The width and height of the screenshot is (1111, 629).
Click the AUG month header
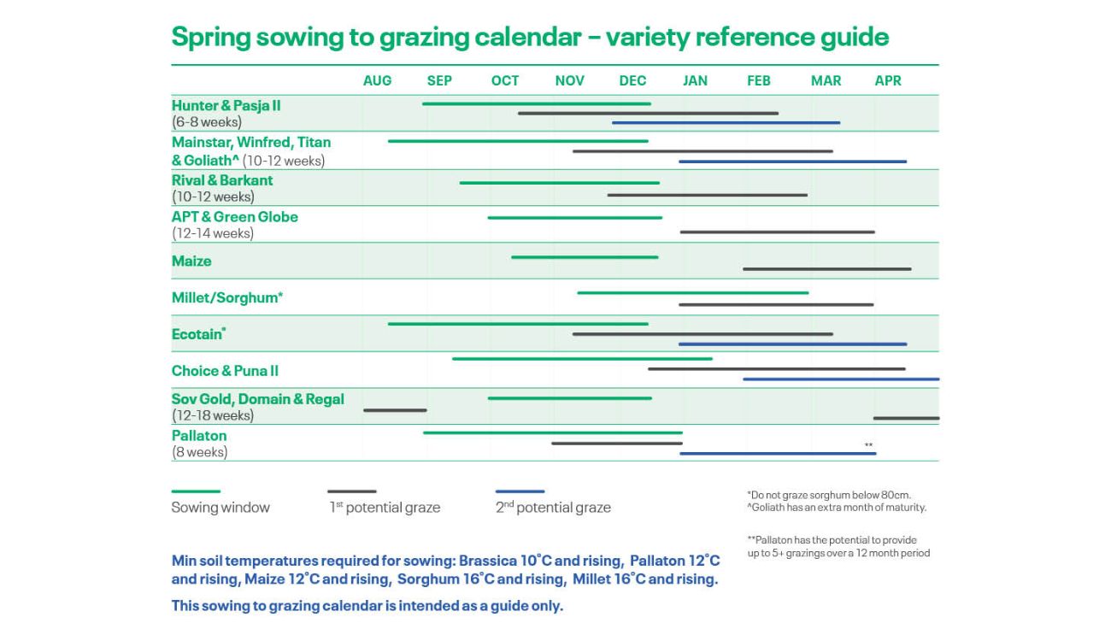(x=377, y=80)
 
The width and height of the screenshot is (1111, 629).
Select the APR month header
(x=888, y=80)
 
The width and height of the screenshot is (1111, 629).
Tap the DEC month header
(x=632, y=80)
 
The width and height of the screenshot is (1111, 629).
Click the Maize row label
(x=191, y=261)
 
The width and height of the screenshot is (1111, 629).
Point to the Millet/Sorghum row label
(x=227, y=297)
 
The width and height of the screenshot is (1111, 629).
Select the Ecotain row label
(x=198, y=334)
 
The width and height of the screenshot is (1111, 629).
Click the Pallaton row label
(x=199, y=435)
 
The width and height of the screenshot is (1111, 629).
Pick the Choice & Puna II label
(x=225, y=371)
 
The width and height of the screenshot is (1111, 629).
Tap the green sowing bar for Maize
(x=585, y=257)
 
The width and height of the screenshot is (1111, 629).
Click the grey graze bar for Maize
(x=826, y=269)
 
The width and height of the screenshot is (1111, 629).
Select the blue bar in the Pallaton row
(x=778, y=453)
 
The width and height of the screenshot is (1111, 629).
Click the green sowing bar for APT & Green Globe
(x=575, y=218)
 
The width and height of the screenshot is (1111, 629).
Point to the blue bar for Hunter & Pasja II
(x=726, y=123)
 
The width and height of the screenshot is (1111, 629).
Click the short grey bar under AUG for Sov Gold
(x=395, y=410)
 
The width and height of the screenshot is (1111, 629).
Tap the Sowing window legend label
(x=220, y=508)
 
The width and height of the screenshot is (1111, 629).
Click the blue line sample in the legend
(x=520, y=491)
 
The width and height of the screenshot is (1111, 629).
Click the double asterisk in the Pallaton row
(x=868, y=445)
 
